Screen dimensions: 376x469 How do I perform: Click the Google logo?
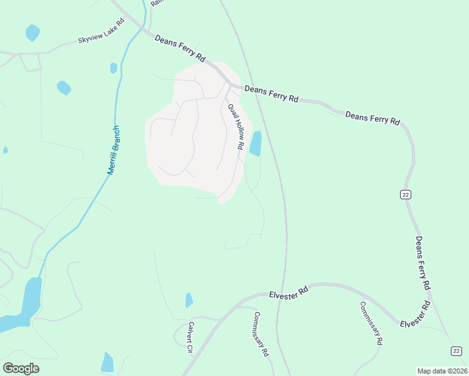pos(21,368)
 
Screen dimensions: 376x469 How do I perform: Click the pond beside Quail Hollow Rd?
pos(255,144)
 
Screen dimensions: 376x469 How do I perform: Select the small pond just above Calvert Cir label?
pos(189,300)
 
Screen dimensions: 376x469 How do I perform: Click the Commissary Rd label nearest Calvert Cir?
pos(261,334)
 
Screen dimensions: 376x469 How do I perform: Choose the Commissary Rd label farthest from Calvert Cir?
pos(371,323)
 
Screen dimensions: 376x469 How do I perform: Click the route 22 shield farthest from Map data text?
pos(406,195)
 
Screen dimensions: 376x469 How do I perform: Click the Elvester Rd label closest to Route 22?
pos(416,314)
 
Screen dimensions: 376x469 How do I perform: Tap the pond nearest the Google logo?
pos(107,362)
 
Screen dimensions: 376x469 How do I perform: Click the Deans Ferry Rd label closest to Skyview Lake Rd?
pos(180,48)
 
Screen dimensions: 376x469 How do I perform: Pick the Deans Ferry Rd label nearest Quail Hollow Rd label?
pos(271,94)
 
